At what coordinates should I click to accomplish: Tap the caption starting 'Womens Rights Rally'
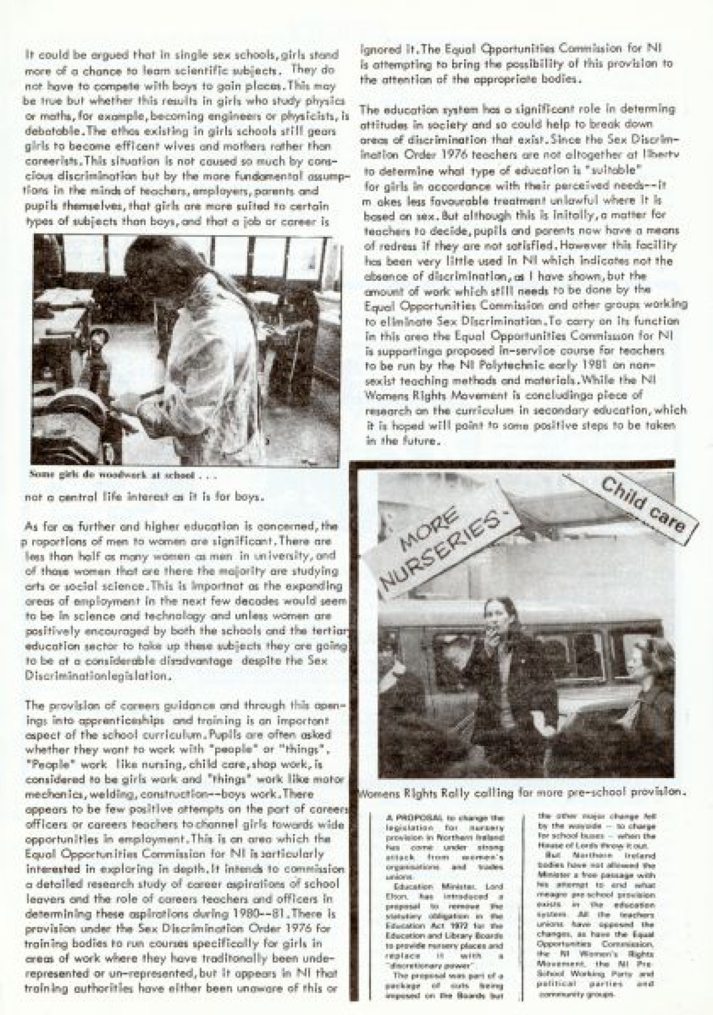pos(523,792)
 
